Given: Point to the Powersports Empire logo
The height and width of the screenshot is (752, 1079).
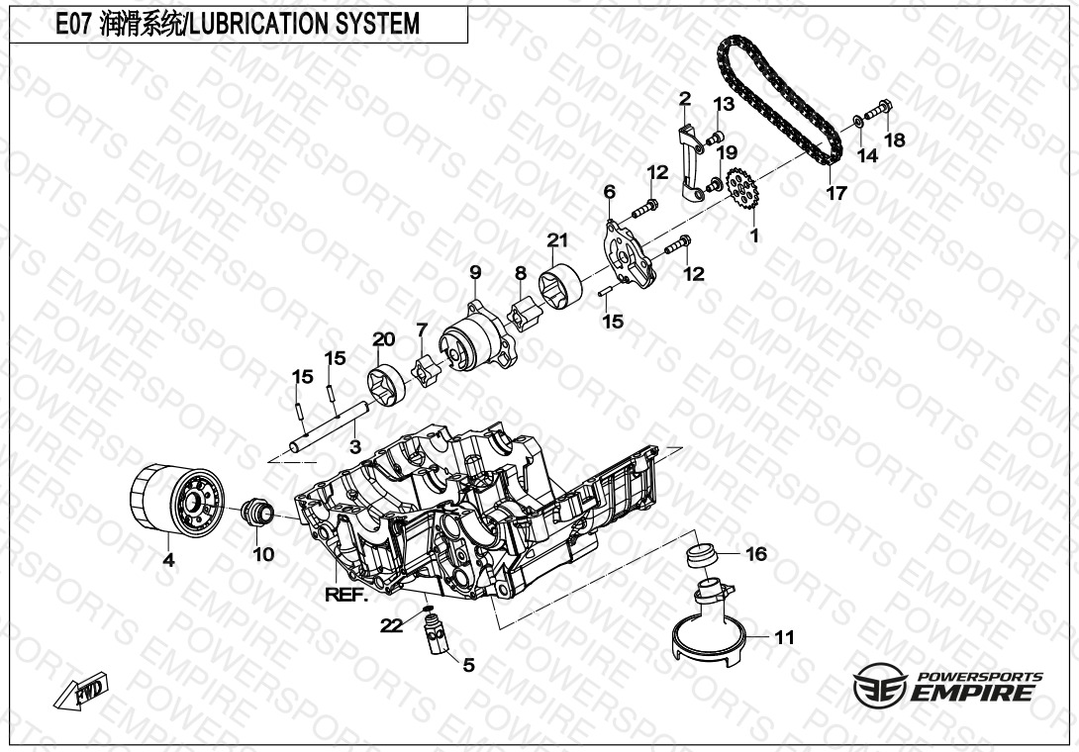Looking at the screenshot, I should pyautogui.click(x=947, y=687).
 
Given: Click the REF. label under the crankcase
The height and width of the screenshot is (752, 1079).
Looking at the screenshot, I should pyautogui.click(x=345, y=595).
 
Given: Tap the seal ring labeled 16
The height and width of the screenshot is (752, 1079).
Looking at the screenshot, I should pyautogui.click(x=704, y=554).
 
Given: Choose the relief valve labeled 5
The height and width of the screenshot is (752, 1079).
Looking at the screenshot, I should pyautogui.click(x=435, y=632).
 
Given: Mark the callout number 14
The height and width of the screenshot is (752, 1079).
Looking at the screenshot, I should pyautogui.click(x=867, y=155).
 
